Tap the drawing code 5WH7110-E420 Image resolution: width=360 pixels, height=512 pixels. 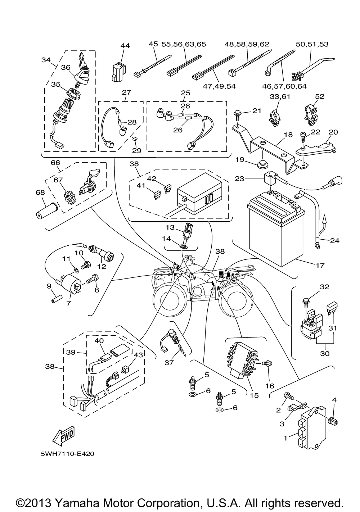[68, 454]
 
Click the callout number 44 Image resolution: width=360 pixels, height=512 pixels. [125, 46]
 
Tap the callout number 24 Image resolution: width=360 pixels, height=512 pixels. [334, 240]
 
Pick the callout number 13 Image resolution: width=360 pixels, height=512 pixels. [170, 227]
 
